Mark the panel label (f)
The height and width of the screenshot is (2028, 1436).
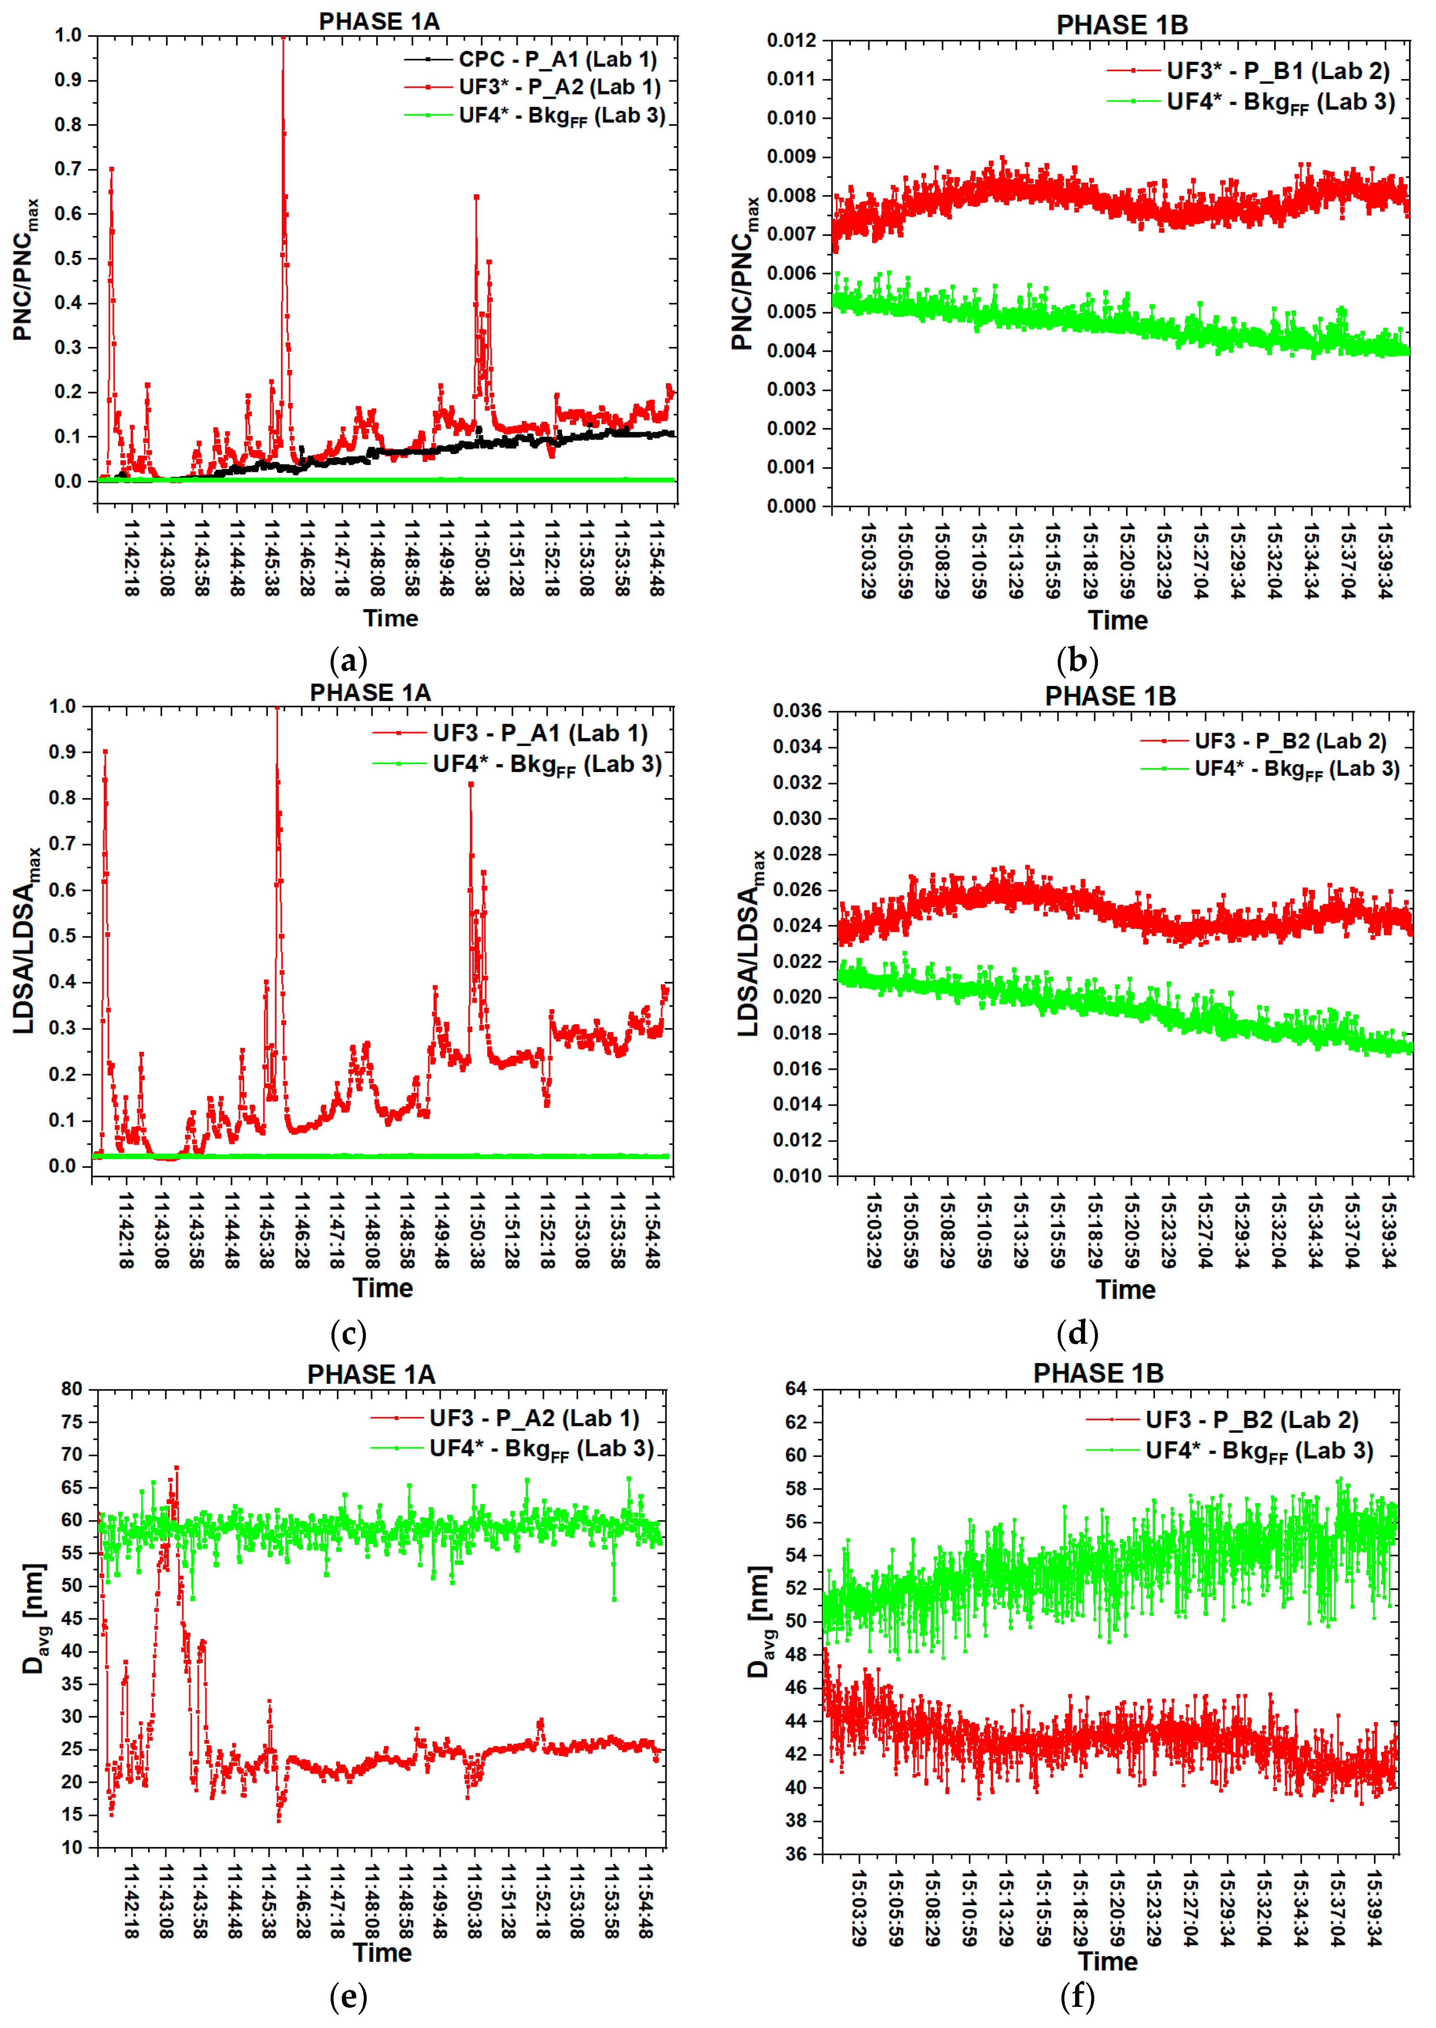click(x=1077, y=1996)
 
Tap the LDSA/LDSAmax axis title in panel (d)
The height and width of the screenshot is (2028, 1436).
click(x=750, y=943)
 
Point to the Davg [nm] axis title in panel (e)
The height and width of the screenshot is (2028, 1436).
click(x=34, y=1619)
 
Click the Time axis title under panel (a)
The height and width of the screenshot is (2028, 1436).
click(x=390, y=618)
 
